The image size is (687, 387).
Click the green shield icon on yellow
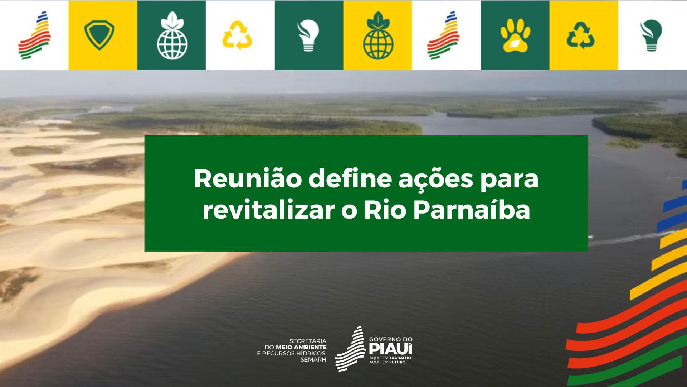[99, 35]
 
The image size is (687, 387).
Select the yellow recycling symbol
[238, 35]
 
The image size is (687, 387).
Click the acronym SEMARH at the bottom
[313, 359]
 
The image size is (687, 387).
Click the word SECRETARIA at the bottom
[307, 341]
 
